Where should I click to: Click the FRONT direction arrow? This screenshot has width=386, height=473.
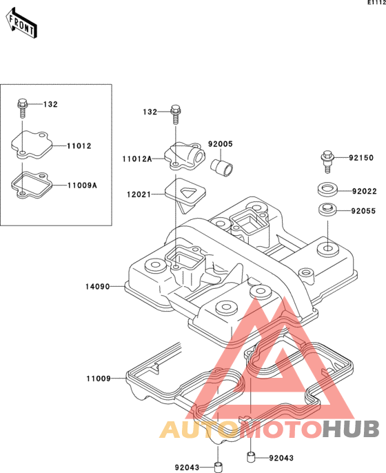tap(22, 23)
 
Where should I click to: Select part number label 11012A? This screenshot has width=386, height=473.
tap(137, 159)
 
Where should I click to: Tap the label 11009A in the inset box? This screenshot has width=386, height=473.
tap(82, 185)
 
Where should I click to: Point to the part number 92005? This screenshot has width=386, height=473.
tap(221, 144)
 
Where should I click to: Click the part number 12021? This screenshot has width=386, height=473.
tap(139, 194)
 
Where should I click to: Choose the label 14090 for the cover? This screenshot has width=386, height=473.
tap(97, 287)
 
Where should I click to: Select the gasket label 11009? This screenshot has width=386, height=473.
tap(99, 379)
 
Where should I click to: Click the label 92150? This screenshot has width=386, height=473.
tap(361, 158)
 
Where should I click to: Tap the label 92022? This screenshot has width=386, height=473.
tap(364, 191)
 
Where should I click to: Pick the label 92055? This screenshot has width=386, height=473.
tap(363, 211)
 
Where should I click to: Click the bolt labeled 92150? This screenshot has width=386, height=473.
tap(327, 161)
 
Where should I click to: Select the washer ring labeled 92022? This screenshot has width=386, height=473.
tap(327, 190)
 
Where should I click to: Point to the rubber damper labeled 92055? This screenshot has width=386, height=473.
tap(327, 210)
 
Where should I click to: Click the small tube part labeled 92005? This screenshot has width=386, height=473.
tap(222, 168)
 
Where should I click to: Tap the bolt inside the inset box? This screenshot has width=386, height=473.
tap(22, 108)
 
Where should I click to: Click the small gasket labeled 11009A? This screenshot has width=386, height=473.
tap(32, 185)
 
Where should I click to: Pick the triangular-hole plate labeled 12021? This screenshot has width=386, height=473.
tap(185, 195)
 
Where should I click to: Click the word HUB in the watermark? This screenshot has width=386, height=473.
tap(351, 429)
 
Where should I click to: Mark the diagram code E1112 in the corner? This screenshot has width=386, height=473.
tap(376, 3)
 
